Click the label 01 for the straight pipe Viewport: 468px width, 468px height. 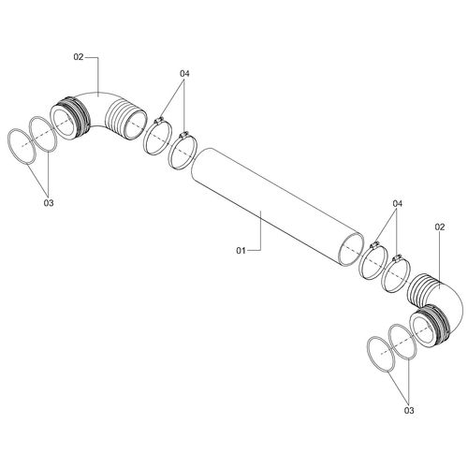point(241,250)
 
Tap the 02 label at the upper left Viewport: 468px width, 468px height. point(79,57)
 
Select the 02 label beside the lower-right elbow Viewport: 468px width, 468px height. point(439,227)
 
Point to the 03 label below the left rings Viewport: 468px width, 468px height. point(49,203)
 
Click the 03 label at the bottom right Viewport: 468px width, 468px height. point(409,410)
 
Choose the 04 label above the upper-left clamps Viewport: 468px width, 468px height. point(184,74)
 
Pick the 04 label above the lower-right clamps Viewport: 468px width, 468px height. point(397,204)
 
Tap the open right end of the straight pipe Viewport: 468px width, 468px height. point(351,250)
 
